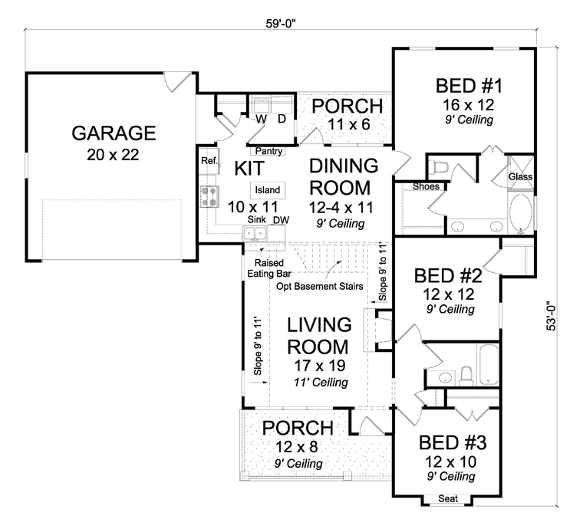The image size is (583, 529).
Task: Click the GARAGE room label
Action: click(114, 133)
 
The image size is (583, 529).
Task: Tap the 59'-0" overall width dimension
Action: click(280, 24)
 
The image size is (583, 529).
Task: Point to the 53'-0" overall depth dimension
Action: click(551, 315)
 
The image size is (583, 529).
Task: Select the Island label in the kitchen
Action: click(267, 190)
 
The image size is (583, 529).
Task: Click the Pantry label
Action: click(268, 151)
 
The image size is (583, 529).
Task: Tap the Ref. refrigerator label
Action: click(209, 160)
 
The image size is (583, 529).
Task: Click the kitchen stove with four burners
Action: click(208, 196)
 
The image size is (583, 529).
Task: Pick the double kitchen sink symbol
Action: click(255, 234)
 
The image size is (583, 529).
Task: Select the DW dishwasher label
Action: click(281, 220)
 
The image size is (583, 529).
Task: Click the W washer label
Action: click(262, 119)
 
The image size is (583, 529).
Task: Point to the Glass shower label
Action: click(521, 177)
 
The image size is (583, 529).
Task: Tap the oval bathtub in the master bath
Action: click(521, 213)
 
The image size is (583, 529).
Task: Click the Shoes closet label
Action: click(426, 186)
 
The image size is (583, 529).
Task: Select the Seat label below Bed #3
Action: click(448, 498)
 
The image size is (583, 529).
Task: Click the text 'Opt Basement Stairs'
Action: click(319, 287)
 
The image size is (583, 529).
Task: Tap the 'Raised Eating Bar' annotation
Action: click(268, 268)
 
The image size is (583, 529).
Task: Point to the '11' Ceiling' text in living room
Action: click(321, 383)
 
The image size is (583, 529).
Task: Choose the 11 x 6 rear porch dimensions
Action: click(349, 124)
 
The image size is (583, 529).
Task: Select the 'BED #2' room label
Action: click(448, 276)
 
